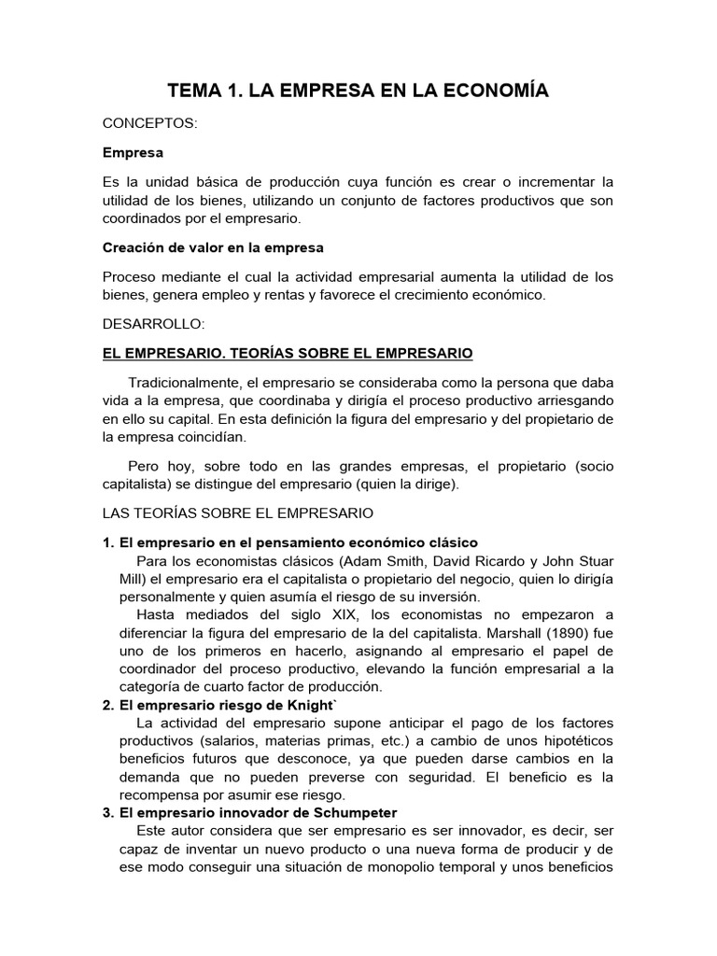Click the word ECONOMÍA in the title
499,91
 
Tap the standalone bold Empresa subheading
133,152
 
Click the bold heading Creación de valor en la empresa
213,247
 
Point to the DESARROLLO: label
151,324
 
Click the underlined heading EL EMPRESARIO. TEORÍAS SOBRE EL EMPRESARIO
288,353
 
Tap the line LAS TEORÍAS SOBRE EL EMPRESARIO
237,513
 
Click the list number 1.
107,542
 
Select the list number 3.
107,812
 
